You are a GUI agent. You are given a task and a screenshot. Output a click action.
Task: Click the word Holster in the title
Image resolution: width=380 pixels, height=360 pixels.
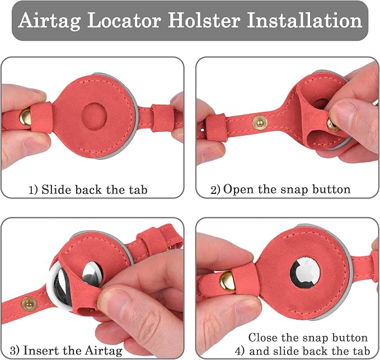[204, 20]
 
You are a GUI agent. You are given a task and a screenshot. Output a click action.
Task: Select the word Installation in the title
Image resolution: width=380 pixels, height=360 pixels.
[304, 20]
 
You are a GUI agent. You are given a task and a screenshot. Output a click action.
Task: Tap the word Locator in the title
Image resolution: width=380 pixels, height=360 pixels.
[124, 20]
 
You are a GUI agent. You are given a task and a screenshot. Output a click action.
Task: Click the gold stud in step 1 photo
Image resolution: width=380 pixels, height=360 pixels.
[25, 117]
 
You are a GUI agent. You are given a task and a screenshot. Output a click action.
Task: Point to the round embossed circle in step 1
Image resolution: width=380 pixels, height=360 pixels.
[94, 116]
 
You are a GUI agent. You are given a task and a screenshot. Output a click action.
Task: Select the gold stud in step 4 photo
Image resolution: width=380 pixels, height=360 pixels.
[228, 281]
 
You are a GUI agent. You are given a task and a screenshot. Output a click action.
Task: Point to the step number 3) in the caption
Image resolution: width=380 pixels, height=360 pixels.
[15, 351]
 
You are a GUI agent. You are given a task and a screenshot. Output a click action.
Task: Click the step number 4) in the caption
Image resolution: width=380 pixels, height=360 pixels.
[240, 352]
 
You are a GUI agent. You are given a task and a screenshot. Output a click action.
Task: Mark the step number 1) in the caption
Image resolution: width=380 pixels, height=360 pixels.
[33, 190]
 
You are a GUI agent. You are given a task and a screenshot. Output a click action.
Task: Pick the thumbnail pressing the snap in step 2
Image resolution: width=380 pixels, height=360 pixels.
[342, 110]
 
